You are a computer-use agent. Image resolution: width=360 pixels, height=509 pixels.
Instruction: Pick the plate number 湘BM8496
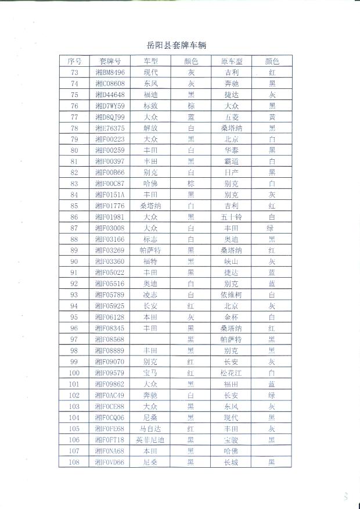(x=110, y=73)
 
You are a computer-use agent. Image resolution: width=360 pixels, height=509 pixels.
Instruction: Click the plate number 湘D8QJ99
(x=110, y=117)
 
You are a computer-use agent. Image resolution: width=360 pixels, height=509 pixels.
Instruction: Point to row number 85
(x=74, y=206)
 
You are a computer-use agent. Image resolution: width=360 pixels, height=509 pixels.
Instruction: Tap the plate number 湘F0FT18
(x=110, y=440)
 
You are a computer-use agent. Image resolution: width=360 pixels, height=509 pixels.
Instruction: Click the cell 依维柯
(x=231, y=295)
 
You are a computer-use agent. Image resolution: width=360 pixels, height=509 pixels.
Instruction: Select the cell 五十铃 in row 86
(x=231, y=217)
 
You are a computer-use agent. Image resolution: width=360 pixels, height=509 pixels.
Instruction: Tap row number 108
(x=74, y=463)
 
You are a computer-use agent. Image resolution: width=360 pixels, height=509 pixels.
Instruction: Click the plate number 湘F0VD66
(x=110, y=463)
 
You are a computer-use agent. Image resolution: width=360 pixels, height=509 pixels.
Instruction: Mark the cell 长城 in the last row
(x=231, y=463)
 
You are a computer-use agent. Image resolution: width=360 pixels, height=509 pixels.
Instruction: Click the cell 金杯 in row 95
(x=231, y=317)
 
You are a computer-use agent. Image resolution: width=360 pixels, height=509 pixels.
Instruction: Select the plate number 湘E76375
(x=110, y=128)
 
